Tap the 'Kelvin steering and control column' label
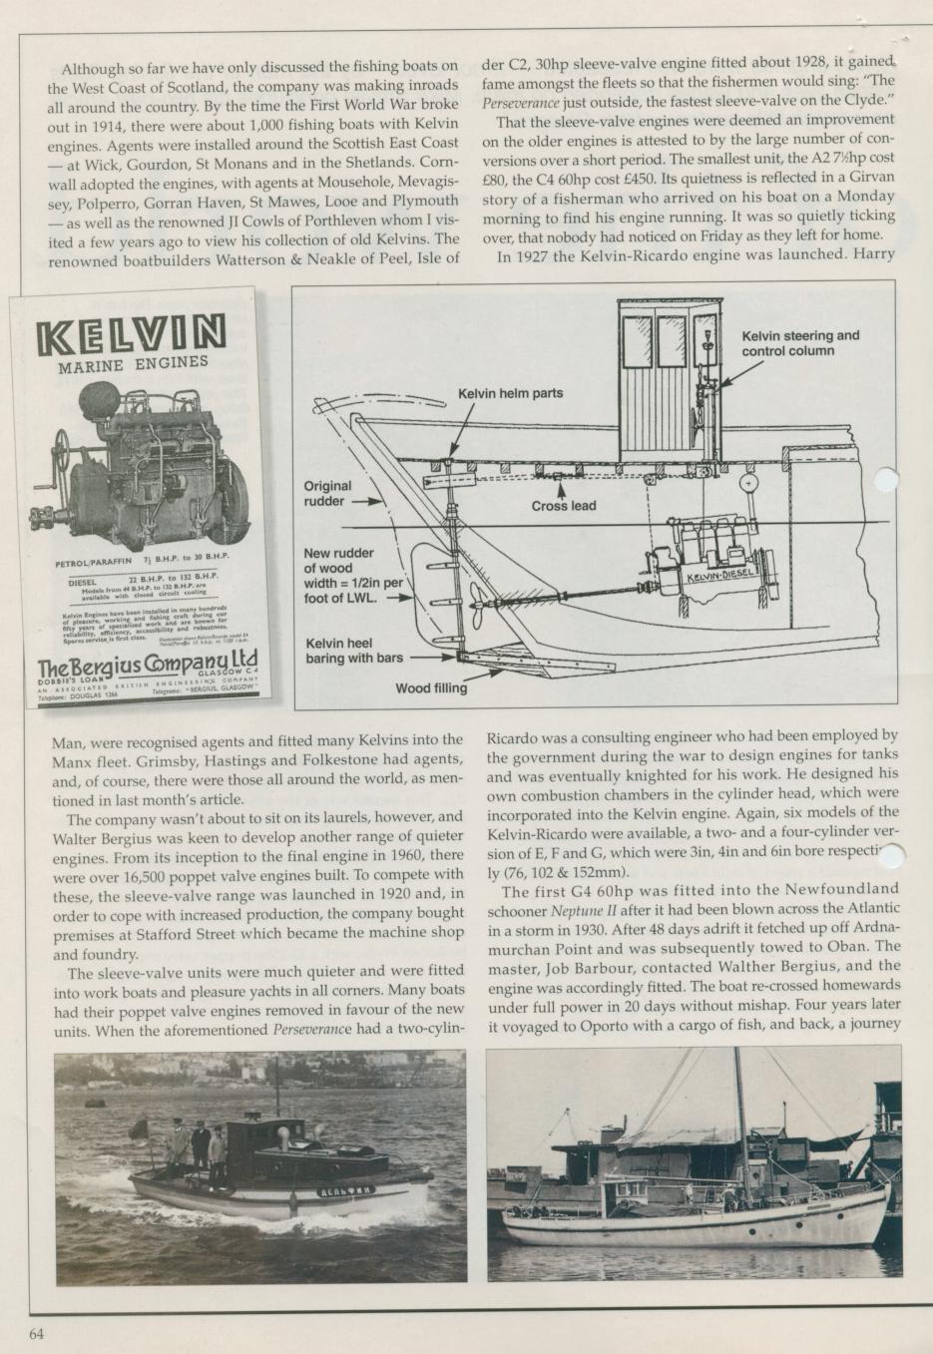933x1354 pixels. coord(800,343)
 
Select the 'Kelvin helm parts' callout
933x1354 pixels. coord(510,393)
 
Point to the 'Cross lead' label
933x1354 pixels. coord(564,506)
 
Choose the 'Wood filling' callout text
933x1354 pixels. coord(431,687)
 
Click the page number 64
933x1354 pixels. coord(37,1334)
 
